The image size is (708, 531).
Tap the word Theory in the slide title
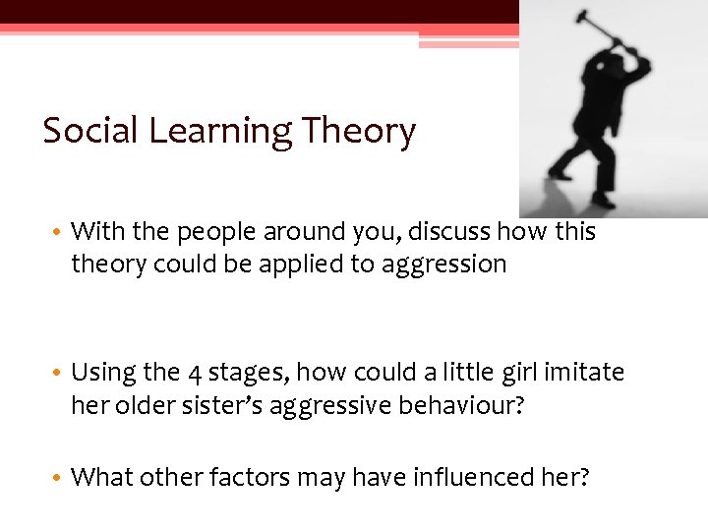pos(359,131)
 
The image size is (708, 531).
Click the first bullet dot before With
pos(59,233)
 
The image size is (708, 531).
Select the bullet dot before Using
pos(59,374)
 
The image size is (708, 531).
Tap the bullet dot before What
pos(59,479)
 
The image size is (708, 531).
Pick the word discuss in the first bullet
pos(449,232)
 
